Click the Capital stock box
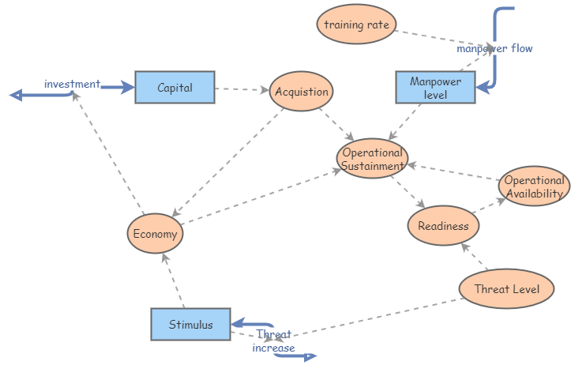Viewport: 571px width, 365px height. (175, 88)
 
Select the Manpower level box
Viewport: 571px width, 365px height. (435, 88)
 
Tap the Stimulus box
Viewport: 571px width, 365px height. (190, 324)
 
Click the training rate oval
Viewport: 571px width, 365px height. (356, 24)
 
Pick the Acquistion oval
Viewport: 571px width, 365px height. (301, 92)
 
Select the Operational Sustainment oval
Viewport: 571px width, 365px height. (373, 158)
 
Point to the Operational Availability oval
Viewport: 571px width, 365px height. (534, 186)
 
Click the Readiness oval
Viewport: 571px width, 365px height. (443, 226)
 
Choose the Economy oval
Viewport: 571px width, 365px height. (156, 234)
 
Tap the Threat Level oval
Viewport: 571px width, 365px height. (506, 289)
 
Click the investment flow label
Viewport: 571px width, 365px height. (72, 84)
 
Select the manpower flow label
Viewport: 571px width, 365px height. (494, 48)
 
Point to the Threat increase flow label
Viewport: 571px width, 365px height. (273, 341)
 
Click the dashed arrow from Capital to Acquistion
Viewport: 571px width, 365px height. (242, 89)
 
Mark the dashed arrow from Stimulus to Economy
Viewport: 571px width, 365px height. (173, 281)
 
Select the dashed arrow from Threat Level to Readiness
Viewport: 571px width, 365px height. (475, 258)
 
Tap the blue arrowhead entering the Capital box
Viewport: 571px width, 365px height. (128, 88)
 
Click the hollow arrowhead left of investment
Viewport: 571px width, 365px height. (15, 96)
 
